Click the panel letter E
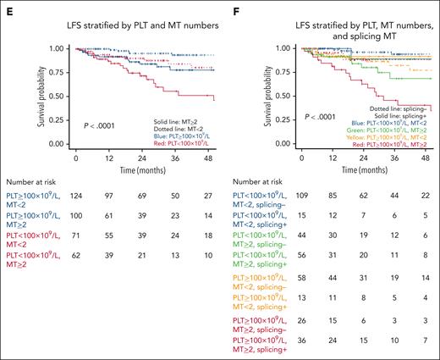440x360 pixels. (x=5, y=5)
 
